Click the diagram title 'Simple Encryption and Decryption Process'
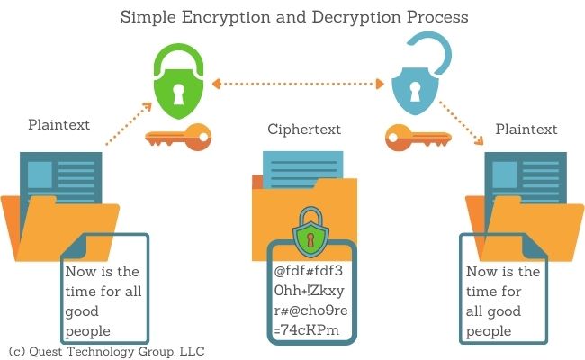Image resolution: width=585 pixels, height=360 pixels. (294, 17)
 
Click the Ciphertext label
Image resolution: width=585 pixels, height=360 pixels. (304, 130)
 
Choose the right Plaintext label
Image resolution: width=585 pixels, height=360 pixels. (526, 130)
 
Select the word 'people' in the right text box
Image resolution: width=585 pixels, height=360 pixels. (489, 330)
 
